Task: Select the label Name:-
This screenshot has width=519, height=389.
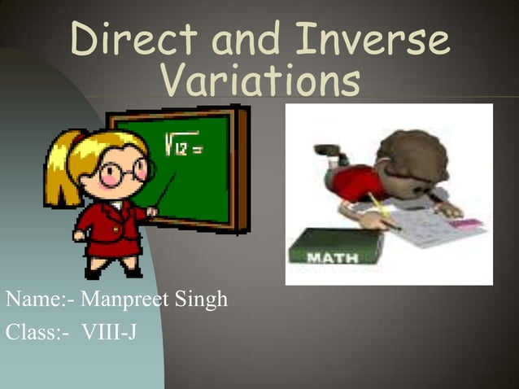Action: coord(37,300)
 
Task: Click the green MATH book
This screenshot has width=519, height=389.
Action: coord(336,246)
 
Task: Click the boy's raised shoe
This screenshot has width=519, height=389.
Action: coord(327,151)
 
